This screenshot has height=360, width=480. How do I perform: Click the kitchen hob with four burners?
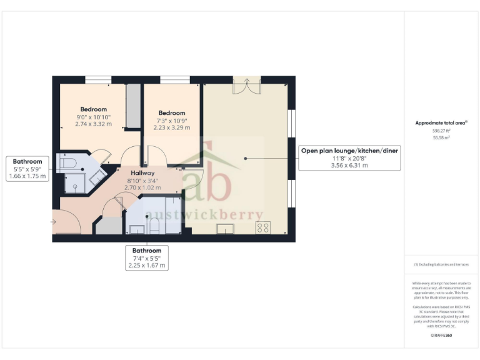point(263,228)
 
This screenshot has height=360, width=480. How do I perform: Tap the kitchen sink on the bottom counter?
point(226,229)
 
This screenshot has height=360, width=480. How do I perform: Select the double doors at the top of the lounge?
point(246,85)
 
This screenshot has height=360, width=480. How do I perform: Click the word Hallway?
point(143,172)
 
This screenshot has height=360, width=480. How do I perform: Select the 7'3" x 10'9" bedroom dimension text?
point(171,121)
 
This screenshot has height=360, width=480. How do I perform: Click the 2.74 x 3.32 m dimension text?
point(94,124)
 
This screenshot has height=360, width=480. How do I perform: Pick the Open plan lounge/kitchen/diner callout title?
point(349,151)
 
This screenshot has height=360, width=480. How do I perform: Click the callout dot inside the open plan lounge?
point(246,158)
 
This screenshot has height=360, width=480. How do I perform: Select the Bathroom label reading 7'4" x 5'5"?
point(146,257)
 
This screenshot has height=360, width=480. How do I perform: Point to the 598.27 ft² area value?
point(441,131)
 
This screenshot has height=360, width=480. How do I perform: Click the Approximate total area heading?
point(441,123)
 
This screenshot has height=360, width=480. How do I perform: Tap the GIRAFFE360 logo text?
point(441,336)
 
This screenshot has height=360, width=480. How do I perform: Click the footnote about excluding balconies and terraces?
point(441,265)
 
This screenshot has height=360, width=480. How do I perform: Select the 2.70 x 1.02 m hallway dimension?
point(143,187)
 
